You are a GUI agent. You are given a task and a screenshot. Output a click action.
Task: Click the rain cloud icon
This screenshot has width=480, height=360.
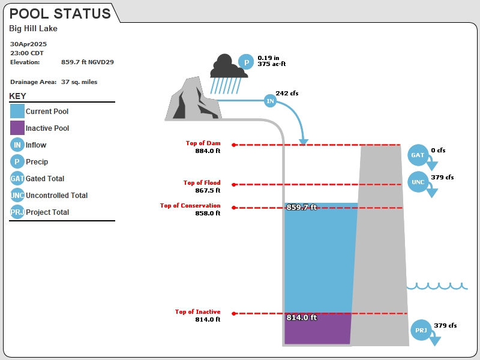tap(229, 73)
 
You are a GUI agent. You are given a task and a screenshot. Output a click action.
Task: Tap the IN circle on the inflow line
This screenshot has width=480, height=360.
tap(270, 101)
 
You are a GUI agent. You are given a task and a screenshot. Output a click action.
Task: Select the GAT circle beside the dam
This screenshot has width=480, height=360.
tap(418, 155)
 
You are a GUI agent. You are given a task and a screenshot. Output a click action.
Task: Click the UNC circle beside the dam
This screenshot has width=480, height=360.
tap(418, 182)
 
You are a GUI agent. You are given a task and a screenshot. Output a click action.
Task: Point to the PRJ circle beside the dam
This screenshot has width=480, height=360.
tap(421, 330)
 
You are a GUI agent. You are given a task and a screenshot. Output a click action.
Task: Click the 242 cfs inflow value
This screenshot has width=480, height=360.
tap(287, 93)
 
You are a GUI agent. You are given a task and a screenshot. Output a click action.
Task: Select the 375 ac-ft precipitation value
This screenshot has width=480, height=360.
tap(272, 64)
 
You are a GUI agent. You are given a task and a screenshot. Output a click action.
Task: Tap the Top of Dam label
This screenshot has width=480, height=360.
tap(203, 143)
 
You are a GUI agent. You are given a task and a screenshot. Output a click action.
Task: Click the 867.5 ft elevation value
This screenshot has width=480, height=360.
tap(208, 190)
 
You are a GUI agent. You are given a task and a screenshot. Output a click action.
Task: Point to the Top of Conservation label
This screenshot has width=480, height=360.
tap(190, 205)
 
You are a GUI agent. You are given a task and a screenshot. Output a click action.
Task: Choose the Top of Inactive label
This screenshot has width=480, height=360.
tap(198, 311)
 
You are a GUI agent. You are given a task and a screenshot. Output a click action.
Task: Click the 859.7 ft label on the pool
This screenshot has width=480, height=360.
tap(302, 207)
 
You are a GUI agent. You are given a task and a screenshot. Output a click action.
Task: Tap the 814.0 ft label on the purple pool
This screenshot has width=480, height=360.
tap(302, 317)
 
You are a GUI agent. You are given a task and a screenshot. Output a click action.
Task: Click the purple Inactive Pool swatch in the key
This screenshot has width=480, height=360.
tap(17, 128)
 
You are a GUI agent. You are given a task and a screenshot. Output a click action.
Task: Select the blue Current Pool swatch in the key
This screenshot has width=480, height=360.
tap(17, 111)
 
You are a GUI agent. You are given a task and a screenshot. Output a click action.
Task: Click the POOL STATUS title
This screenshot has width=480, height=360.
tap(60, 13)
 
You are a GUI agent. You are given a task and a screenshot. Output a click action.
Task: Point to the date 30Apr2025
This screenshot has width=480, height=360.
tap(28, 44)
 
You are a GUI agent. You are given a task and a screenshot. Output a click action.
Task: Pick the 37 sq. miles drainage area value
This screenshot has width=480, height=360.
tap(79, 82)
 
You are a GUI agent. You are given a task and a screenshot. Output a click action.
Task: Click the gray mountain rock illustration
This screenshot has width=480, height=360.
tap(193, 98)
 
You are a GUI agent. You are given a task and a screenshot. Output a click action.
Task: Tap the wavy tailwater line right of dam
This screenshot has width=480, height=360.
tap(437, 287)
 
